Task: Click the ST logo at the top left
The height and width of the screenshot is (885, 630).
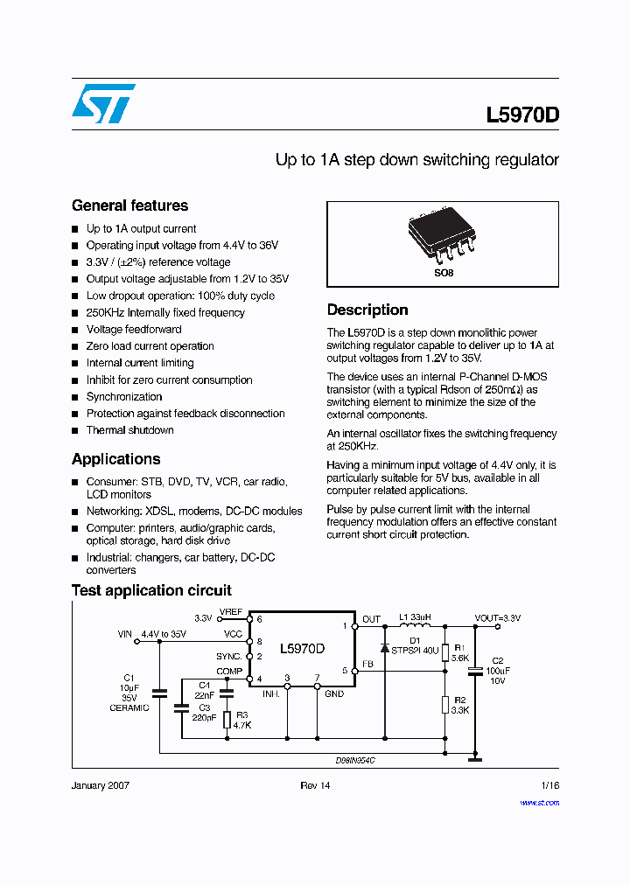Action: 103,103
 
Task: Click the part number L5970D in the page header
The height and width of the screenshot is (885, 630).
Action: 522,115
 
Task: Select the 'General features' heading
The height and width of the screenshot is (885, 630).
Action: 129,206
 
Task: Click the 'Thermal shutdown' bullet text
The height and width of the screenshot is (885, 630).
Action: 129,430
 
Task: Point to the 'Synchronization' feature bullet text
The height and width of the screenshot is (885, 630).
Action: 124,397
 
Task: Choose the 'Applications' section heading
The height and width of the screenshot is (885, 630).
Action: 115,459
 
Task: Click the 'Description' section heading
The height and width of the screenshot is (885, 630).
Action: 367,310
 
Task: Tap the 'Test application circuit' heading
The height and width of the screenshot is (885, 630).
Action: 151,590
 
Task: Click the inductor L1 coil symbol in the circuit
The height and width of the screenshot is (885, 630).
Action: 416,626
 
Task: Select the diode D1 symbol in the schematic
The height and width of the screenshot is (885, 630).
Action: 384,649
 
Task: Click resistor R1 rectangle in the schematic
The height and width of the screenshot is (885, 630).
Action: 445,652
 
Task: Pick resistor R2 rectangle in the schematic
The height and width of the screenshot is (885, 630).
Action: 445,705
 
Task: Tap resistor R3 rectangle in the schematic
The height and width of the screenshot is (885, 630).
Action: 227,720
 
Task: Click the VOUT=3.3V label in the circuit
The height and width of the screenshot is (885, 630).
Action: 498,618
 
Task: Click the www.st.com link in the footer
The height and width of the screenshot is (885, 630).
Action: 540,802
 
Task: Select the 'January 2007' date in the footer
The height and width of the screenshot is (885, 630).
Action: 100,786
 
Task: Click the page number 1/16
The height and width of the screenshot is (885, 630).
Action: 549,786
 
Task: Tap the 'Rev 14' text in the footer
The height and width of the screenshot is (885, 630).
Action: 315,786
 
